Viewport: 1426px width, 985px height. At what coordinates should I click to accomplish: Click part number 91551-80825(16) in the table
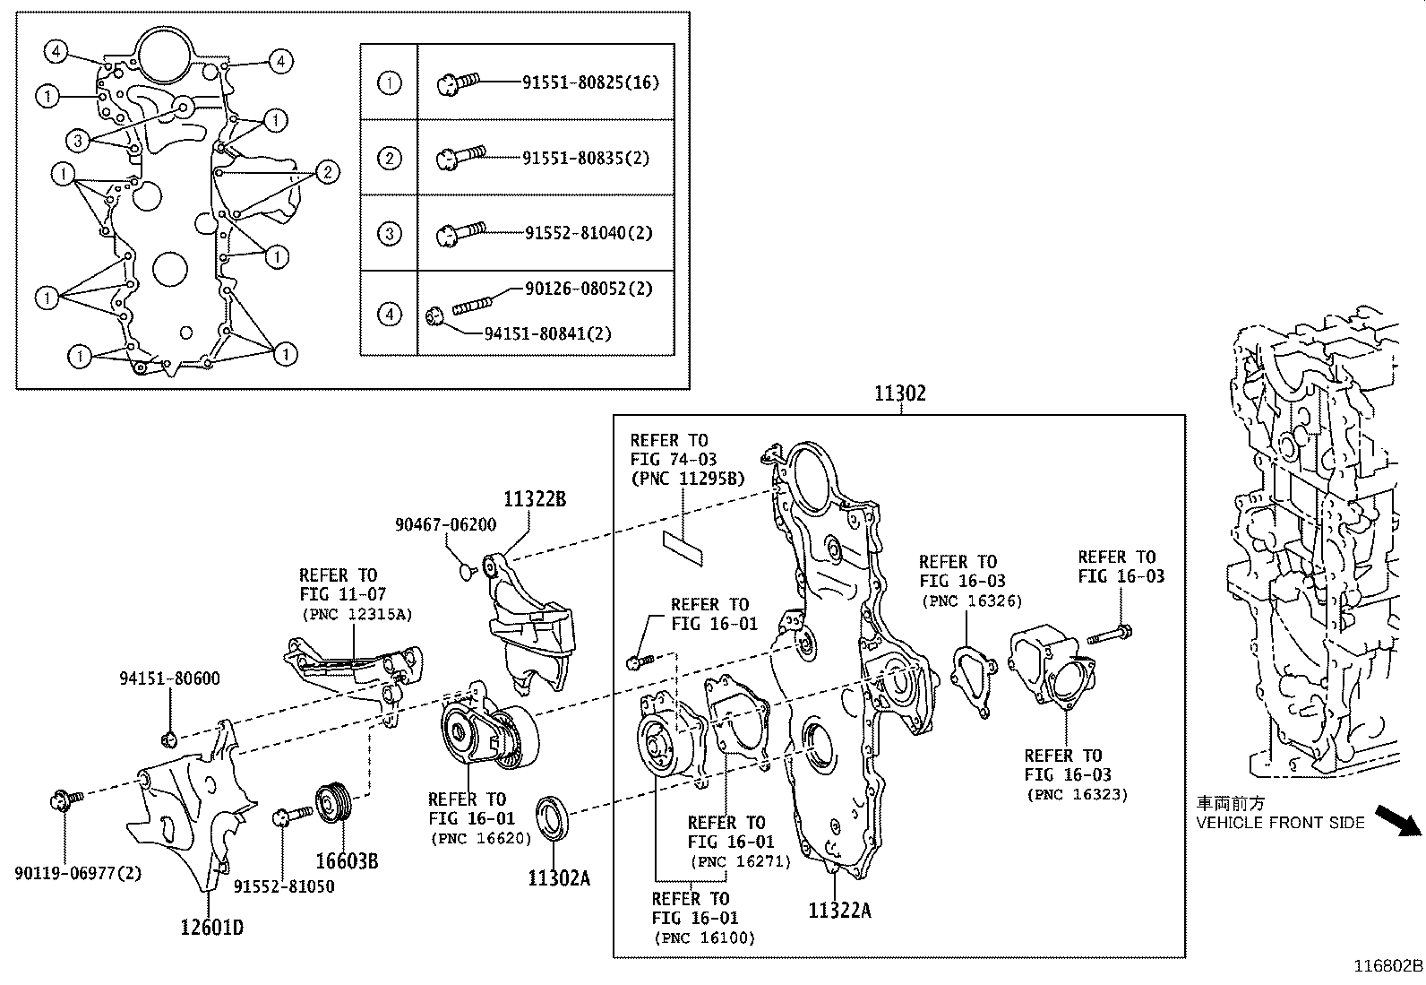click(x=590, y=82)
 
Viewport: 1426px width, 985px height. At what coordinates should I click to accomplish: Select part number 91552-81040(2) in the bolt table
click(x=588, y=233)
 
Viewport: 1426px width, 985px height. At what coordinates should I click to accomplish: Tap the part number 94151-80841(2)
click(x=547, y=333)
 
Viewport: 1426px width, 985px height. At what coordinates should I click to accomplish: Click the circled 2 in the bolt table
click(x=389, y=159)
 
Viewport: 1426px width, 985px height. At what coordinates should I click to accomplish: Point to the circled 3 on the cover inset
click(x=78, y=140)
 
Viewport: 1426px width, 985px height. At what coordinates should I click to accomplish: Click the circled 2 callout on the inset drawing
click(x=328, y=172)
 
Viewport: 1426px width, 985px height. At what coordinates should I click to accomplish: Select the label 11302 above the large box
click(x=900, y=393)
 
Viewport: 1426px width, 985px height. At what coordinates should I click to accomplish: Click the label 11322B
click(x=535, y=500)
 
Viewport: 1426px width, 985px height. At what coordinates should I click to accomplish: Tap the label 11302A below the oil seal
click(x=559, y=878)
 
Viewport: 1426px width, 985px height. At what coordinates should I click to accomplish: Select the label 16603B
click(x=346, y=861)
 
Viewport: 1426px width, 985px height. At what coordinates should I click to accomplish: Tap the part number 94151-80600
click(x=169, y=678)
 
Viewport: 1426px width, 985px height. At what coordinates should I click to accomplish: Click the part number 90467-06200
click(x=445, y=525)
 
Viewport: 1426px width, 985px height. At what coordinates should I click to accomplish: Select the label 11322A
click(x=839, y=911)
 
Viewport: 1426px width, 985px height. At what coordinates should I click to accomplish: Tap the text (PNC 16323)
click(x=1077, y=794)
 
